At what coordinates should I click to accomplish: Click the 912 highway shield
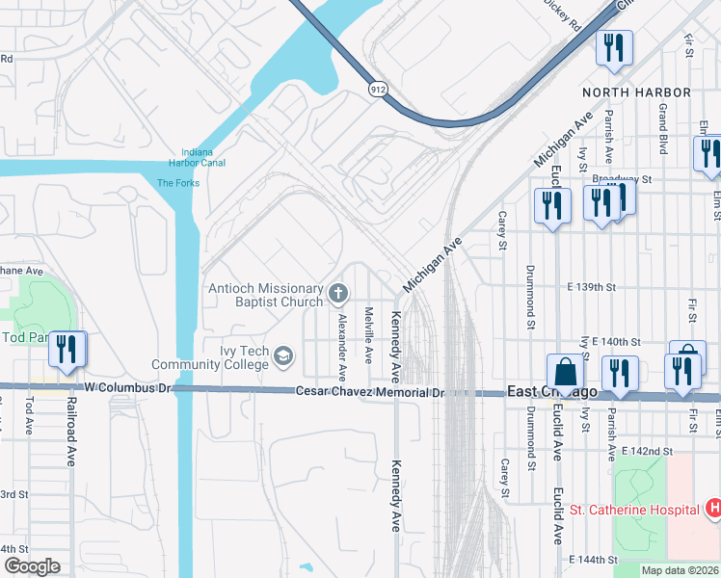tap(378, 89)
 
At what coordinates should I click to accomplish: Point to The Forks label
tap(177, 183)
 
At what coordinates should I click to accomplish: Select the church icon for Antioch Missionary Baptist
tap(337, 292)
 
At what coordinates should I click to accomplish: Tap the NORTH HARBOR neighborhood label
tap(636, 92)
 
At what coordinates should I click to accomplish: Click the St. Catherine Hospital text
tap(633, 510)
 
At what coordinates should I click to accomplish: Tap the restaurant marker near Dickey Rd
tap(614, 48)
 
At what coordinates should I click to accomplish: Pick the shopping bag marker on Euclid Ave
tap(566, 372)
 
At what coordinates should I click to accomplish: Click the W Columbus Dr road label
tap(127, 387)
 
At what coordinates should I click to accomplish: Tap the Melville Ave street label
tap(368, 335)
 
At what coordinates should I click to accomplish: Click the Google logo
tap(32, 566)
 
